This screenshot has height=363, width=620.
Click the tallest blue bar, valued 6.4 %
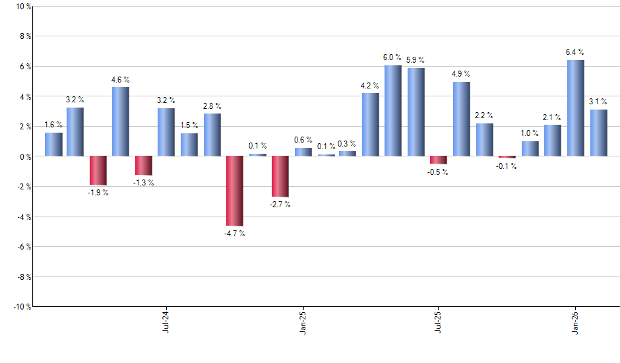[575, 108]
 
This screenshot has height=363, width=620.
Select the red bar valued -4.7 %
[234, 191]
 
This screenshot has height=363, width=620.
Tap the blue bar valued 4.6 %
[121, 121]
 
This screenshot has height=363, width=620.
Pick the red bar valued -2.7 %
[280, 176]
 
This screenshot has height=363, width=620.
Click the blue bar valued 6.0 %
[393, 111]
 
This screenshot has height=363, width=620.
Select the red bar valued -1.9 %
[98, 170]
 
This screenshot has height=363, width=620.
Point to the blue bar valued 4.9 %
[462, 119]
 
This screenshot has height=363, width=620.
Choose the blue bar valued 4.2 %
[370, 125]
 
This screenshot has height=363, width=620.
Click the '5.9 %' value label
[416, 60]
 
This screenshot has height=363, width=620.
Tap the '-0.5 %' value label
[439, 172]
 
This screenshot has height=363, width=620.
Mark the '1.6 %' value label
[53, 125]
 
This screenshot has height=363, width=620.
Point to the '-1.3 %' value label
[144, 183]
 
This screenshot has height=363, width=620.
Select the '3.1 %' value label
[598, 101]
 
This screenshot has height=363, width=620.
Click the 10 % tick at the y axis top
[22, 7]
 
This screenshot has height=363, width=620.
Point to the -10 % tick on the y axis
[20, 306]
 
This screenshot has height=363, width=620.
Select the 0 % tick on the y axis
[24, 156]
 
